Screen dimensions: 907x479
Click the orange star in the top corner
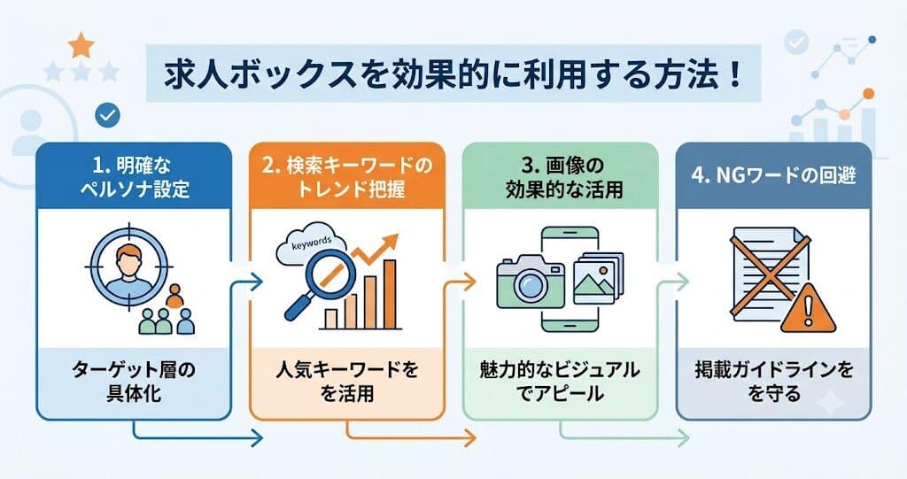pos(81,45)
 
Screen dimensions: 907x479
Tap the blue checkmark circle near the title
pos(107,115)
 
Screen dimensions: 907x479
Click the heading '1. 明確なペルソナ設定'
pos(135,177)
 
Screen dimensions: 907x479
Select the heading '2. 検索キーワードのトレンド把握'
pos(347,177)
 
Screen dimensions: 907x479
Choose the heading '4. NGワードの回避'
pos(773,176)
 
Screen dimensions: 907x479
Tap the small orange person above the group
pos(174,296)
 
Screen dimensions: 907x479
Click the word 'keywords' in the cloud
pos(312,243)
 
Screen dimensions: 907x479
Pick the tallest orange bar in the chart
pos(390,294)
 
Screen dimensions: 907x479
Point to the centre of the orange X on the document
pos(771,272)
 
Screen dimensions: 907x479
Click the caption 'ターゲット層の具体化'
pos(134,382)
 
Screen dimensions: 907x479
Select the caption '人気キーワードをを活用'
pos(347,382)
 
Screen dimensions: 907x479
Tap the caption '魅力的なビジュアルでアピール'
pos(560,382)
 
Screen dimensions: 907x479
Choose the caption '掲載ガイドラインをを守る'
pos(774,382)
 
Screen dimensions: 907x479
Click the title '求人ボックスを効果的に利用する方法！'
pos(453,74)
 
